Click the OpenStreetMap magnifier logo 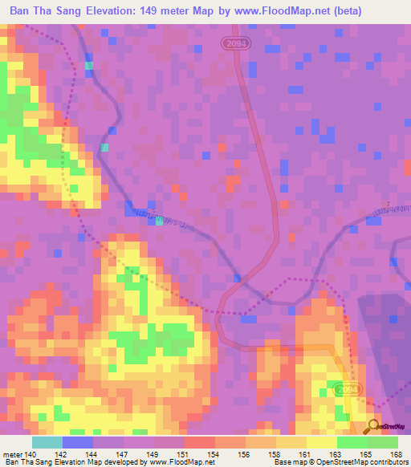pyautogui.click(x=373, y=425)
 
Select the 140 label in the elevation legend pyautogui.click(x=31, y=454)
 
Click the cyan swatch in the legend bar pyautogui.click(x=47, y=442)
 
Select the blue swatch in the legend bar pyautogui.click(x=78, y=442)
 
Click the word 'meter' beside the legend pyautogui.click(x=11, y=454)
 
